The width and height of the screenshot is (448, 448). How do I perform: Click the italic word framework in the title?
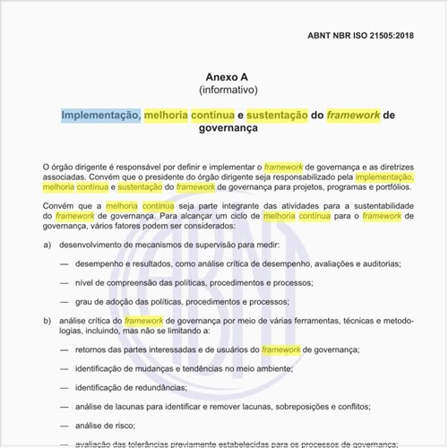coord(353,115)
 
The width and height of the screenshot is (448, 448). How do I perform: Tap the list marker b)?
coord(47,320)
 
